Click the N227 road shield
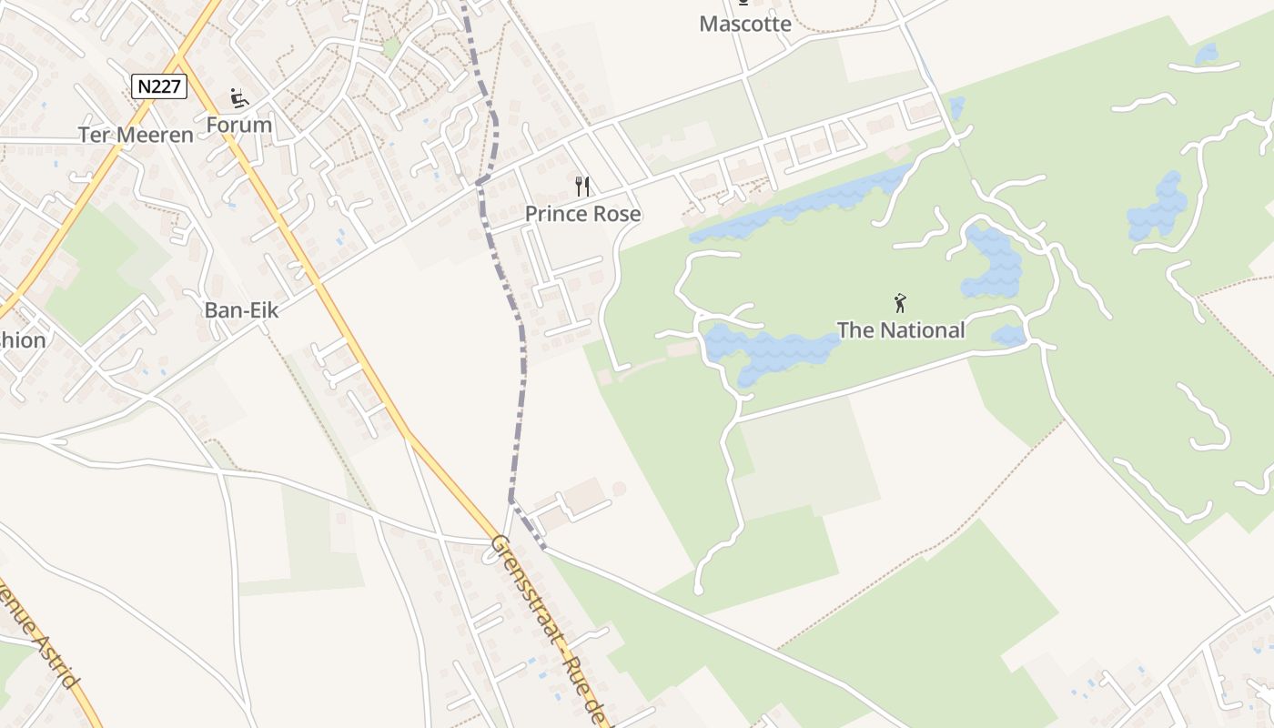pos(159,86)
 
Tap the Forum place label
pos(239,125)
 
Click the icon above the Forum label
pos(239,97)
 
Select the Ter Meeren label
pos(136,135)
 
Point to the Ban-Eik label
pos(241,309)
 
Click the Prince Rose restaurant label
pos(582,214)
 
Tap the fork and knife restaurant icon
pos(582,187)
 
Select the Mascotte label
pos(745,24)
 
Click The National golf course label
pos(900,329)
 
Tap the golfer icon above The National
pos(900,303)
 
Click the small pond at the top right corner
pos(1207,55)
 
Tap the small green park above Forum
pos(391,47)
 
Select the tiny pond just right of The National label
pos(1008,336)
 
